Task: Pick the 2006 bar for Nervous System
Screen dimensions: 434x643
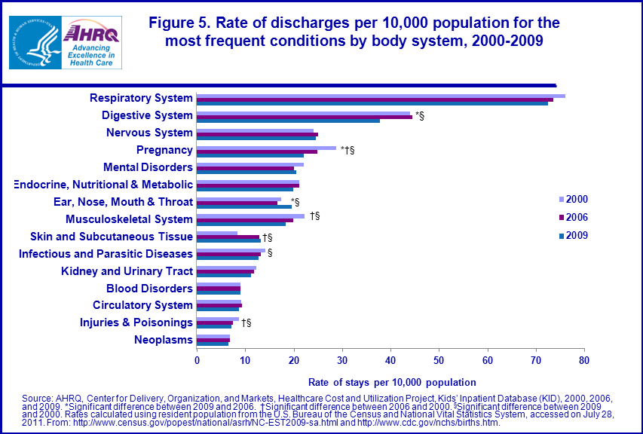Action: pyautogui.click(x=257, y=134)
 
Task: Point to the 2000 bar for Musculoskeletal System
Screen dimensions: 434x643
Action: pyautogui.click(x=250, y=215)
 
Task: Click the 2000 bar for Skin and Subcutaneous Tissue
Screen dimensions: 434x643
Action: pyautogui.click(x=217, y=233)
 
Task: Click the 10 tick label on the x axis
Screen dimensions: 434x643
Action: pyautogui.click(x=245, y=360)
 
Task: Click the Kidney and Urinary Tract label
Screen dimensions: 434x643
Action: pyautogui.click(x=127, y=271)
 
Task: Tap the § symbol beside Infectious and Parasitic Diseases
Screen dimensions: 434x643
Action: pyautogui.click(x=270, y=252)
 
